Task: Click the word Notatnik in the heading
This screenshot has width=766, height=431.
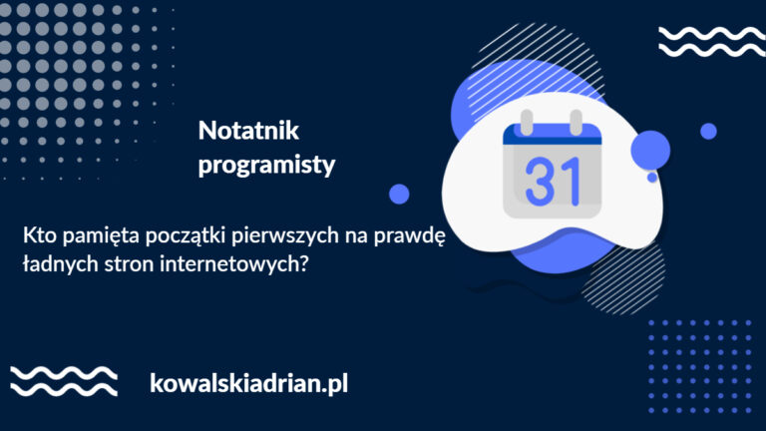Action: click(x=248, y=131)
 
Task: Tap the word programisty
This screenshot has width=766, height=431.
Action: click(x=266, y=165)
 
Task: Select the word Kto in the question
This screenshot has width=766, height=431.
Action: click(x=40, y=235)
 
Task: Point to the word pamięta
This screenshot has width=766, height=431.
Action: click(x=101, y=237)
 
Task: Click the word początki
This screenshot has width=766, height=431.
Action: click(x=186, y=237)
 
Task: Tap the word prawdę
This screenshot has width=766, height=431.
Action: click(x=409, y=237)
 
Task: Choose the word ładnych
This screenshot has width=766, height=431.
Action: click(x=61, y=265)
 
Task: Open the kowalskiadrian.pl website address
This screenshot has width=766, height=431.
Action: click(x=248, y=383)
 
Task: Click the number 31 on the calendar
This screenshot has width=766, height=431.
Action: click(x=553, y=181)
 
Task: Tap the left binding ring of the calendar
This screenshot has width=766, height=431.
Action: click(x=527, y=122)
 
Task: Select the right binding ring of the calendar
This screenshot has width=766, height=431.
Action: click(x=575, y=122)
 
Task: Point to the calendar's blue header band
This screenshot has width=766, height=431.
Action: click(x=552, y=135)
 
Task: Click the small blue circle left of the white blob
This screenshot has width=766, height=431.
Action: click(x=399, y=194)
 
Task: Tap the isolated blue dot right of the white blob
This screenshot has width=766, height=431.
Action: click(x=708, y=132)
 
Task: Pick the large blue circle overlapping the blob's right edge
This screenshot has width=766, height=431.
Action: click(x=650, y=150)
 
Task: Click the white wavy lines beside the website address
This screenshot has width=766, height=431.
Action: click(x=64, y=381)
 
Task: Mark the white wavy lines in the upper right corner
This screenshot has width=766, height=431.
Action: click(x=712, y=42)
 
